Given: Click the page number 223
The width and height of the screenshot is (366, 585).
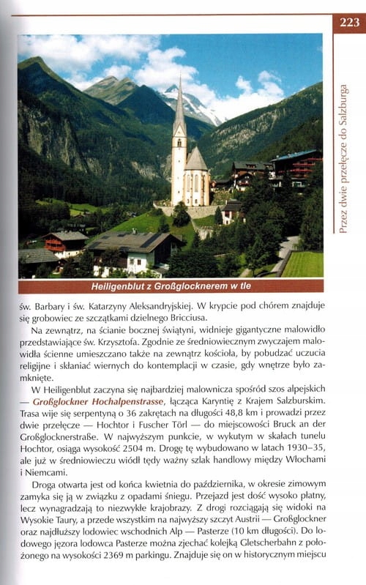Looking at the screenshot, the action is click(x=349, y=21).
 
